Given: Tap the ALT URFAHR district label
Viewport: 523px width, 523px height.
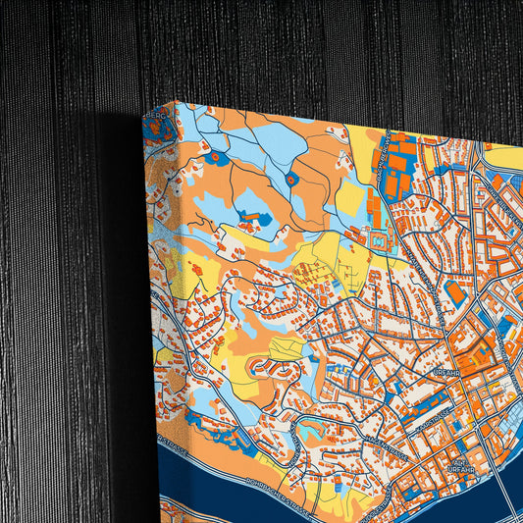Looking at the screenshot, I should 459,462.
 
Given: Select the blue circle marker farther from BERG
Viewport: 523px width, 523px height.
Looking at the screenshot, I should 291,180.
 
